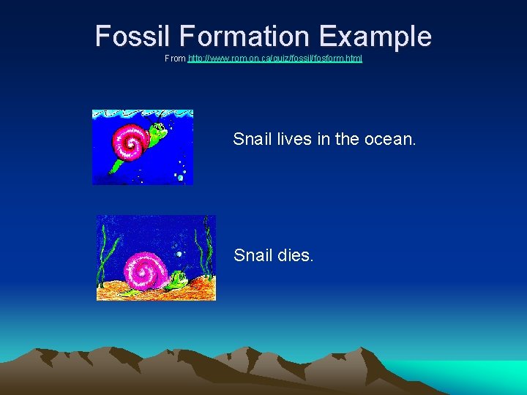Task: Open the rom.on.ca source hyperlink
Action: pyautogui.click(x=275, y=58)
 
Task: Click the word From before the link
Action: pyautogui.click(x=175, y=58)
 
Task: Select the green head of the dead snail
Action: pyautogui.click(x=178, y=278)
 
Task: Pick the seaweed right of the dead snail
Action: pyautogui.click(x=208, y=252)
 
